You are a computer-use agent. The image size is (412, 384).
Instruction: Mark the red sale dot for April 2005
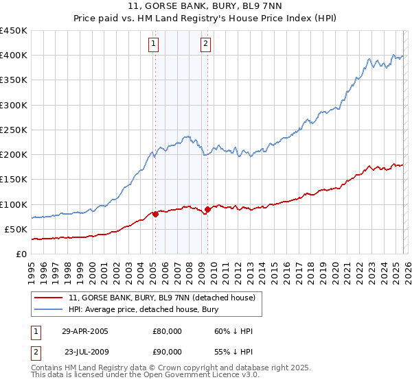tap(155, 214)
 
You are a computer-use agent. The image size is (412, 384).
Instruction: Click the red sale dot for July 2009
tap(207, 209)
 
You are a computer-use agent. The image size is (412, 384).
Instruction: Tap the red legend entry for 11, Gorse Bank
tap(162, 298)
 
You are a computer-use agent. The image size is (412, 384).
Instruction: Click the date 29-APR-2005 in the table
tap(85, 331)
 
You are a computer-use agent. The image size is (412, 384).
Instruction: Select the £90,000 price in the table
tap(167, 350)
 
